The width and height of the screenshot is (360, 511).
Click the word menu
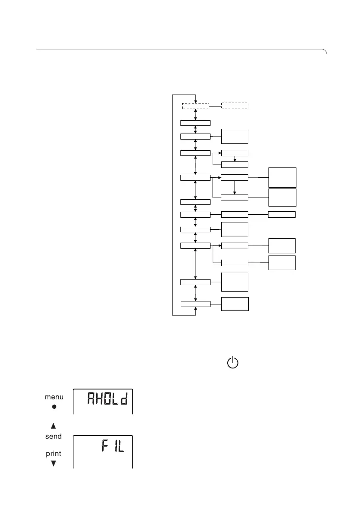(54, 398)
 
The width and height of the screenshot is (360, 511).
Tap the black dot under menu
(54, 407)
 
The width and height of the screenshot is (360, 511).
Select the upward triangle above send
(54, 426)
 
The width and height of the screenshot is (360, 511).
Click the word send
(54, 436)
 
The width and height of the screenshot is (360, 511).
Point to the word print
(54, 453)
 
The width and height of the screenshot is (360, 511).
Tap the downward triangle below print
(54, 463)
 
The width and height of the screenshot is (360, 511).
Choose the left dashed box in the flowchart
(195, 106)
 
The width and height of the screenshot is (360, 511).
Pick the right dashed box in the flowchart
(235, 106)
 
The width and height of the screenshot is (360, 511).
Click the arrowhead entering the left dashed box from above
(195, 101)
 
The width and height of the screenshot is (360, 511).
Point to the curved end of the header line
(325, 52)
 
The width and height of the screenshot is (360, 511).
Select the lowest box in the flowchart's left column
(195, 304)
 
